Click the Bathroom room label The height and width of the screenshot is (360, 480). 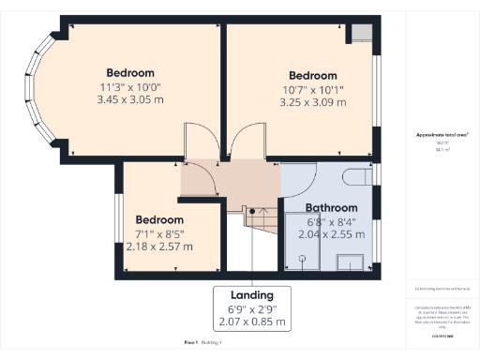click(x=332, y=207)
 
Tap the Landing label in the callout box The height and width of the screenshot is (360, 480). click(x=251, y=294)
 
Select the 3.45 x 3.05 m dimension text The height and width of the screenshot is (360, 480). click(x=129, y=98)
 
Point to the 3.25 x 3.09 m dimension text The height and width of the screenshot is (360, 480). click(x=312, y=101)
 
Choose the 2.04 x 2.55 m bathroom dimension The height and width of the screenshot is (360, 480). click(x=331, y=234)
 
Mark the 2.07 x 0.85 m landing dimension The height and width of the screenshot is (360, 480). click(x=251, y=322)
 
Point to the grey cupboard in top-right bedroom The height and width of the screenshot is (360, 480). click(x=360, y=33)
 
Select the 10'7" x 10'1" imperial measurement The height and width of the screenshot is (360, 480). click(x=312, y=89)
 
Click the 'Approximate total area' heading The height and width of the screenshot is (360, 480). click(x=435, y=135)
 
